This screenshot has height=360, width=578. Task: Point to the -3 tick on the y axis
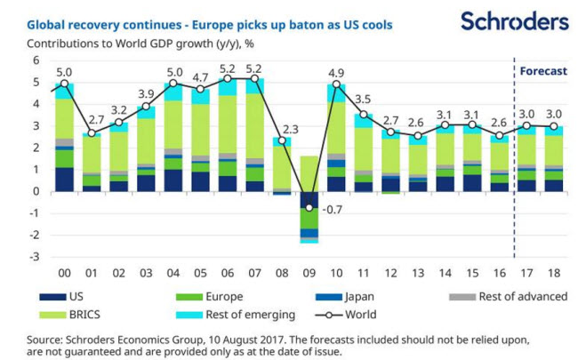[36, 257]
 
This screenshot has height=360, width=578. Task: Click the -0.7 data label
[332, 211]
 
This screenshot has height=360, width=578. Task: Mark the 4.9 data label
[337, 73]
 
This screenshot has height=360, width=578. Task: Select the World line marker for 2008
[283, 140]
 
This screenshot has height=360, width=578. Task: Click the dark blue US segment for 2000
[65, 179]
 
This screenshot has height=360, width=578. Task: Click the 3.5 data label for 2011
[364, 100]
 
